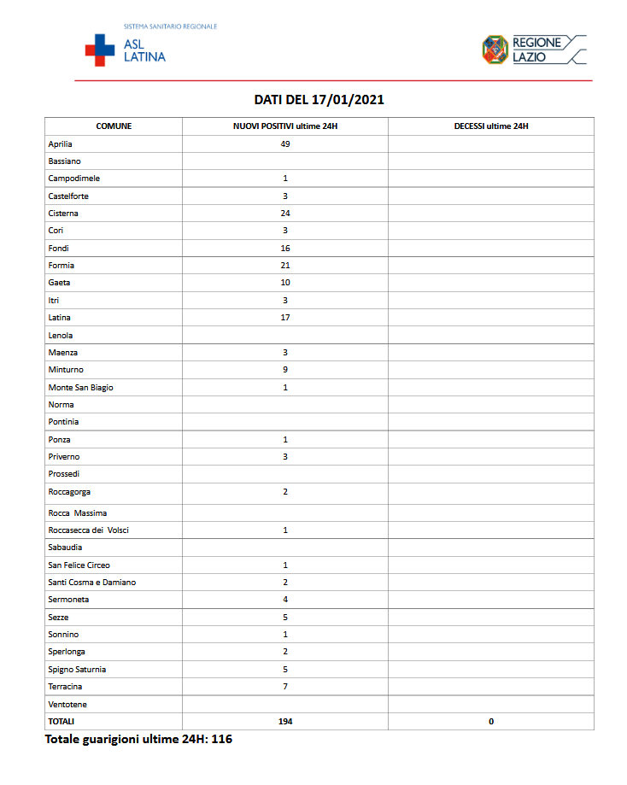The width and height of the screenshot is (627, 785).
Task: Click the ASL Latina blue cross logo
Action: (99, 50)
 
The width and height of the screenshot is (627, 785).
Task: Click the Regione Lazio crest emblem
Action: (495, 49)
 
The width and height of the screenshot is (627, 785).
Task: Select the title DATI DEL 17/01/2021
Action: (319, 100)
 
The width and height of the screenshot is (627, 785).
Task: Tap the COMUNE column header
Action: (114, 126)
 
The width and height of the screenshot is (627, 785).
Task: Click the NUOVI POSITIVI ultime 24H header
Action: (285, 126)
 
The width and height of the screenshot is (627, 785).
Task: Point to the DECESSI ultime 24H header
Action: (491, 126)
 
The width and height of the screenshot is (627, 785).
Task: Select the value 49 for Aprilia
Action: (285, 144)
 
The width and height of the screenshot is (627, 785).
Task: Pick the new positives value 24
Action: (285, 214)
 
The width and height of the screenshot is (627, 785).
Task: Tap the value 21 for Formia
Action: (285, 266)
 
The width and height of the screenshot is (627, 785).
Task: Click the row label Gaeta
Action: (60, 283)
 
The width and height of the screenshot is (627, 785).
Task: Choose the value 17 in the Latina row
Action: (285, 318)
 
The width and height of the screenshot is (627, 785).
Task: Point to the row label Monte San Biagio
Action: (80, 388)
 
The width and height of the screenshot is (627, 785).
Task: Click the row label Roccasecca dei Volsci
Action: (89, 530)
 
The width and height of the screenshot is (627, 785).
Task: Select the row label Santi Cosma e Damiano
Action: (92, 583)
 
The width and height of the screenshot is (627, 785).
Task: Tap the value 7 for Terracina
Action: (285, 687)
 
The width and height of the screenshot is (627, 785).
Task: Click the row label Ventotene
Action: (67, 705)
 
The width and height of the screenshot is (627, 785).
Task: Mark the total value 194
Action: (285, 722)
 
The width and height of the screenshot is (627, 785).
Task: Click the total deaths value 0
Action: (491, 722)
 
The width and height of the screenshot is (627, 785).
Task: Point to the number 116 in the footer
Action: (221, 739)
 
